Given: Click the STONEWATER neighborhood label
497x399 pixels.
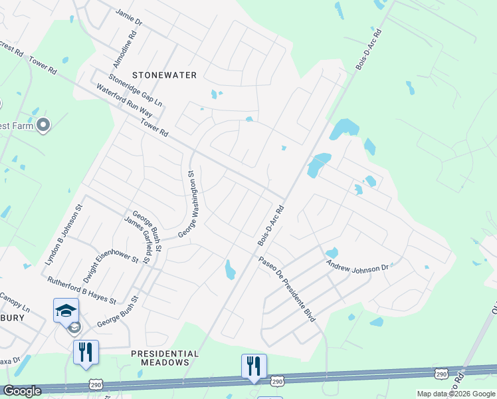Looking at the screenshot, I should pos(165,75).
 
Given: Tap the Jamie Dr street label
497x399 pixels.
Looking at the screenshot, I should pos(129,17).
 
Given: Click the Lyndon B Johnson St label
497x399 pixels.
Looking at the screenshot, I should pos(62,235).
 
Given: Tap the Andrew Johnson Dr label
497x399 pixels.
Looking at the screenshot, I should pos(357,266).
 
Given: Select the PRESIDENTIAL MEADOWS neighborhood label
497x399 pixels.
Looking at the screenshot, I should pos(165,358).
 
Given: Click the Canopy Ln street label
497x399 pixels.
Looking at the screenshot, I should pos(15,303).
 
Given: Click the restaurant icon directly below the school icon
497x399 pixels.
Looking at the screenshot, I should pos(86,352).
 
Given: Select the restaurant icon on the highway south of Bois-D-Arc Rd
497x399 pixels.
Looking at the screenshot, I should pos(254,366).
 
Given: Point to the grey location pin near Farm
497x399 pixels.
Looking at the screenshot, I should pos(44,124).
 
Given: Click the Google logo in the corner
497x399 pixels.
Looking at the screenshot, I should pos(21,391).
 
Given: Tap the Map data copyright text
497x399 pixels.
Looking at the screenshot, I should pos(455,394).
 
